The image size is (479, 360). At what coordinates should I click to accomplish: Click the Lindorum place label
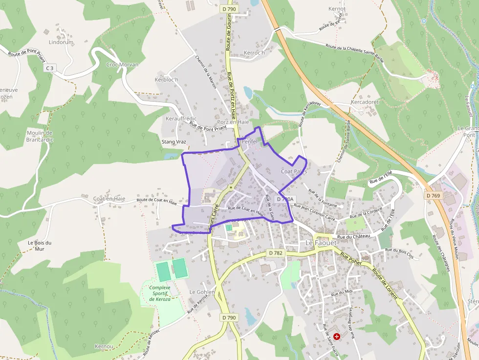click(x=61, y=42)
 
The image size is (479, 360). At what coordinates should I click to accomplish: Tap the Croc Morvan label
click(x=122, y=64)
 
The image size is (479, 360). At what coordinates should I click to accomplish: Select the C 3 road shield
click(x=49, y=68)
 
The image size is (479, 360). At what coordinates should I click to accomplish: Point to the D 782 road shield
click(x=276, y=253)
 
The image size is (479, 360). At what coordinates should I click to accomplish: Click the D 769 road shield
click(x=433, y=195)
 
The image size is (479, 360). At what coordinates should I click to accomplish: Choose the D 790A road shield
click(x=285, y=199)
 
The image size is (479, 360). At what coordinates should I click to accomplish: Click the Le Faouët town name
click(x=323, y=243)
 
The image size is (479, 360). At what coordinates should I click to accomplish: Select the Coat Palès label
click(x=294, y=171)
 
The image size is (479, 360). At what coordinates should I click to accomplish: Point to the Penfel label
click(x=249, y=141)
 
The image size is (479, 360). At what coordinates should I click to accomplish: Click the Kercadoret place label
click(x=365, y=102)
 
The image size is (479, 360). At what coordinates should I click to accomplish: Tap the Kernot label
click(x=337, y=9)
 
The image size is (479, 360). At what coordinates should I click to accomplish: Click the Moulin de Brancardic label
click(x=40, y=136)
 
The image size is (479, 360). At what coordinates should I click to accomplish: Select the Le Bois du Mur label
click(x=40, y=246)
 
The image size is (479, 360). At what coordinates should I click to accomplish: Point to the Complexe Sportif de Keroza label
click(x=160, y=293)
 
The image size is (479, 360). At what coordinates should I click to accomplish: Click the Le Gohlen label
click(x=202, y=292)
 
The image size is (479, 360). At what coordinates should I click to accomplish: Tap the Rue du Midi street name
click(x=342, y=294)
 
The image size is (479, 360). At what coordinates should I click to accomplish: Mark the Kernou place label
click(x=104, y=346)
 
